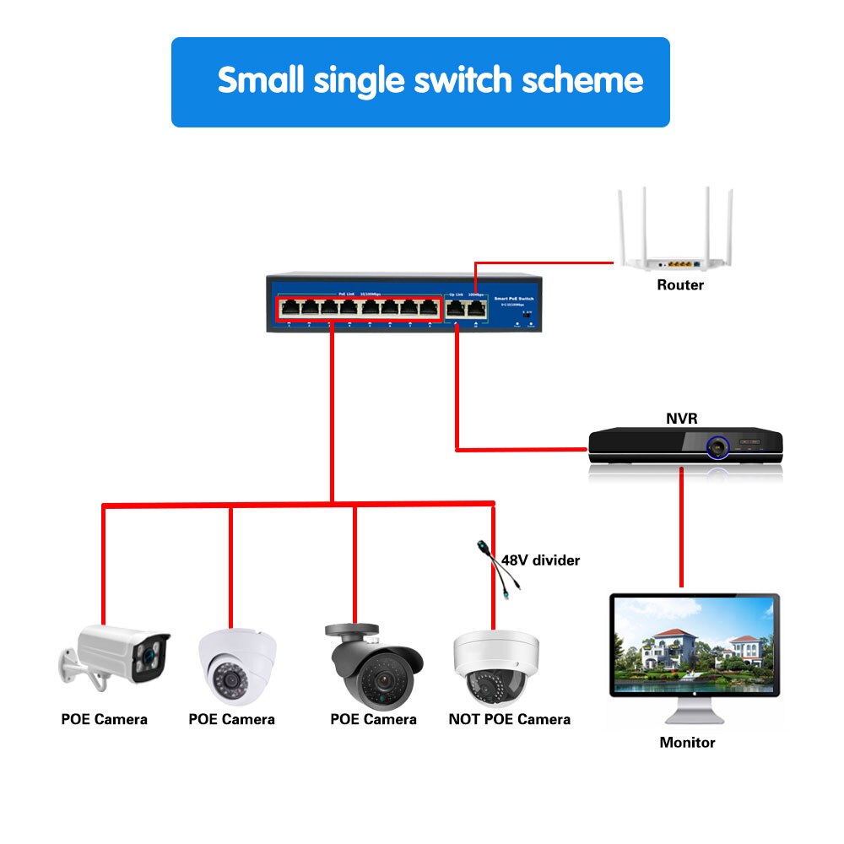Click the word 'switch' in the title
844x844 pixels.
point(463,81)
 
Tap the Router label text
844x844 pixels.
point(679,285)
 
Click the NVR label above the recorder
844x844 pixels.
point(682,418)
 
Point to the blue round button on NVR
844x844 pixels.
point(717,446)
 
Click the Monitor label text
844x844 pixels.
point(687,743)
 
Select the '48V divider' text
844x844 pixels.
point(541,560)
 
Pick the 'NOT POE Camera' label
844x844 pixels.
point(509,719)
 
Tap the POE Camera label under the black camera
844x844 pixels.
point(373,719)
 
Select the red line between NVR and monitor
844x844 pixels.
point(681,523)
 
